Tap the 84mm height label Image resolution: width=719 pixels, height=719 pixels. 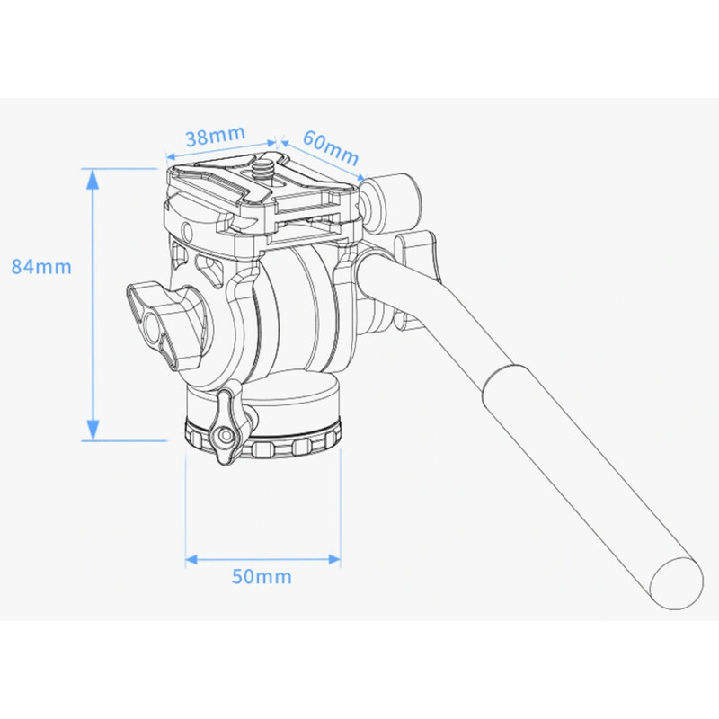[x=40, y=266]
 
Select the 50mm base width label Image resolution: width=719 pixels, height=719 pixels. [x=262, y=576]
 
